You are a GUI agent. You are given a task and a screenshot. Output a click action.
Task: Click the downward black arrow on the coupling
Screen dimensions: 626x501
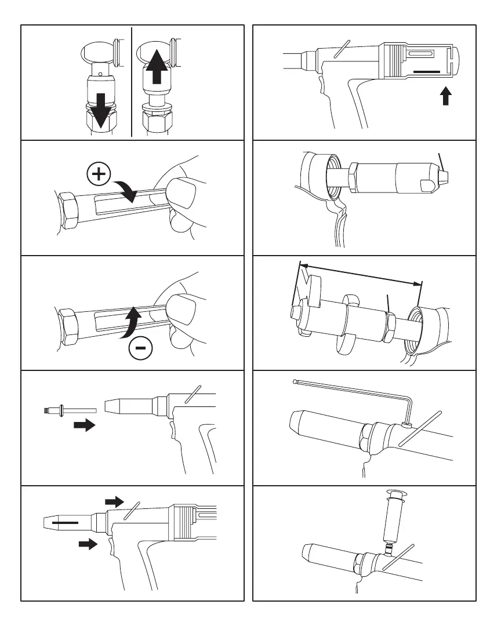(100, 108)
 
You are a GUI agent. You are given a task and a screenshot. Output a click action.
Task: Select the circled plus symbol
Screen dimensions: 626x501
(99, 174)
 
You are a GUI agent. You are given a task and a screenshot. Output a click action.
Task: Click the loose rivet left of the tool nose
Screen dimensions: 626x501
(60, 410)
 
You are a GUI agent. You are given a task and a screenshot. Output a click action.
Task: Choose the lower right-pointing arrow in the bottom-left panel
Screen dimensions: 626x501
(88, 544)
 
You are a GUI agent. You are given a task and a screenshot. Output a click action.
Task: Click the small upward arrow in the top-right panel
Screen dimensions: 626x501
(445, 96)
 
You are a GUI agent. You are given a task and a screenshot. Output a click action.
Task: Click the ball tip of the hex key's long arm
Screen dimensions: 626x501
(296, 381)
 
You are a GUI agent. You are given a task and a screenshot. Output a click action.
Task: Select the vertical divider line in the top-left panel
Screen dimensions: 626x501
(132, 81)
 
